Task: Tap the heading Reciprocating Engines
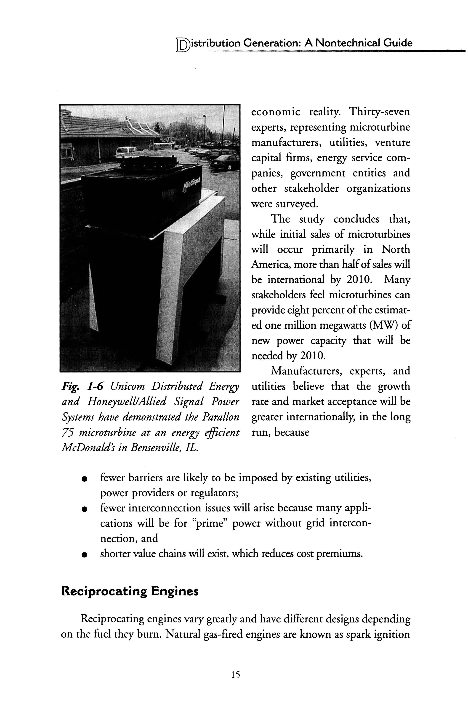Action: pos(130,591)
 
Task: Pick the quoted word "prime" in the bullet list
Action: pos(209,524)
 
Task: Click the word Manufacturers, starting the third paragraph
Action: pos(306,371)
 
